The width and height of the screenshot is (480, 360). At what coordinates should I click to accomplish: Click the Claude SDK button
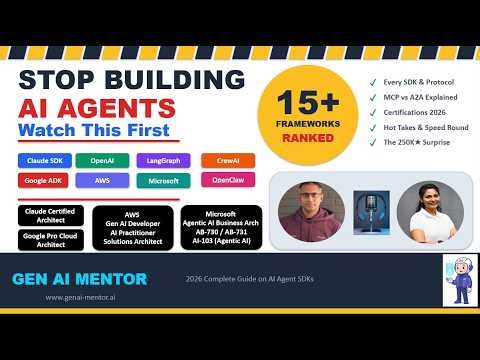[44, 160]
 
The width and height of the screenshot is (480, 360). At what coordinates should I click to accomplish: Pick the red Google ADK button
[44, 181]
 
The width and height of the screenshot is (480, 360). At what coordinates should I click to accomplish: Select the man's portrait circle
[307, 213]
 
